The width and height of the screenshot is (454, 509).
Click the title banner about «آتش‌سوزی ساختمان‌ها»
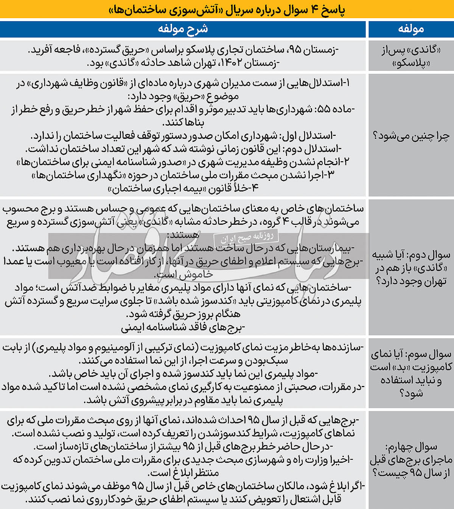coord(227,9)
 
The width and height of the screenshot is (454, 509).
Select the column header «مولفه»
coord(410,29)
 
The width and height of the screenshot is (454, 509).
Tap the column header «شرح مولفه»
coord(183,29)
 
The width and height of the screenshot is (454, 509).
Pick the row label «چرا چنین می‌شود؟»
coord(410,135)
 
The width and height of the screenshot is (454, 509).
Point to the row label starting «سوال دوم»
coord(410,267)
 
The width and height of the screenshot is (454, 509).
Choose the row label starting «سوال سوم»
coord(410,373)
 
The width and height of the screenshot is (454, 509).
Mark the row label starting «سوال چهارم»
coord(410,459)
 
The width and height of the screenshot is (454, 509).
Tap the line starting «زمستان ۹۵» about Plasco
coord(183,50)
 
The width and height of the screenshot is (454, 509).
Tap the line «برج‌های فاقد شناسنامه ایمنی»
coord(183,327)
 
